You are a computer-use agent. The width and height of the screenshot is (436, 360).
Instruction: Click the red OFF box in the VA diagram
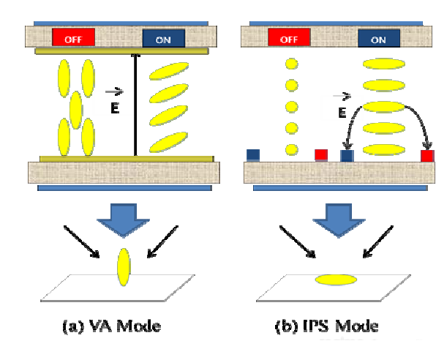pyautogui.click(x=73, y=37)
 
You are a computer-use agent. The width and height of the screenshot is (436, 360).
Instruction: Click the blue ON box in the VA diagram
pyautogui.click(x=164, y=38)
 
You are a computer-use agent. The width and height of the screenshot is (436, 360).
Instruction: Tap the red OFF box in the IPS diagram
pyautogui.click(x=289, y=37)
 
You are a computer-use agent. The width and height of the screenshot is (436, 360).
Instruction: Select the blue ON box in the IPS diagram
pyautogui.click(x=379, y=38)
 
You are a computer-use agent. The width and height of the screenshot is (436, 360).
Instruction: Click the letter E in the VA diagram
pyautogui.click(x=115, y=108)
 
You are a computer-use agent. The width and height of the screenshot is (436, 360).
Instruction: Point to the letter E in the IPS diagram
pyautogui.click(x=342, y=113)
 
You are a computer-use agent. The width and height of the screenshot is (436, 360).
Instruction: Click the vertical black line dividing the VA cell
pyautogui.click(x=135, y=105)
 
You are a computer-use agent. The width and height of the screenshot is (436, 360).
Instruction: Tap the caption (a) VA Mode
pyautogui.click(x=112, y=326)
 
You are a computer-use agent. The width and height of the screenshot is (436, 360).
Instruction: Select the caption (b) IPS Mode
pyautogui.click(x=327, y=326)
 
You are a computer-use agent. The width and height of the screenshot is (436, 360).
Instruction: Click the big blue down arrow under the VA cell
pyautogui.click(x=123, y=220)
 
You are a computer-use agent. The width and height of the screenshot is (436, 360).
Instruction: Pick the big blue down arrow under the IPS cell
pyautogui.click(x=339, y=220)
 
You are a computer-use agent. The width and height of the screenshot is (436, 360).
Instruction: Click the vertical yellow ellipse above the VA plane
pyautogui.click(x=124, y=267)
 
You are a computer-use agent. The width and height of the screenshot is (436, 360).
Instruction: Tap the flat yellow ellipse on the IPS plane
pyautogui.click(x=336, y=280)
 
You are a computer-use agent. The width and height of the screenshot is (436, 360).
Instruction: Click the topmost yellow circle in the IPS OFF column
pyautogui.click(x=292, y=64)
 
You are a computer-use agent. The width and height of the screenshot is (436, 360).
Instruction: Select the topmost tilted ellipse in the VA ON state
pyautogui.click(x=169, y=71)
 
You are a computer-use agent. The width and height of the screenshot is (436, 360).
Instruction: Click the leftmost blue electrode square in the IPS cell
pyautogui.click(x=253, y=155)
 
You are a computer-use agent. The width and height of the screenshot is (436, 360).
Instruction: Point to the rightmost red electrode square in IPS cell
pyautogui.click(x=427, y=156)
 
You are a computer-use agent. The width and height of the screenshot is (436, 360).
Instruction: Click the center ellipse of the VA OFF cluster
pyautogui.click(x=76, y=110)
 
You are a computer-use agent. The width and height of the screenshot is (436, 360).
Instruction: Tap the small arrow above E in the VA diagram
pyautogui.click(x=115, y=91)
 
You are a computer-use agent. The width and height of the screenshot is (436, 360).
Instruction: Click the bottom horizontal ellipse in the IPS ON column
pyautogui.click(x=384, y=150)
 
